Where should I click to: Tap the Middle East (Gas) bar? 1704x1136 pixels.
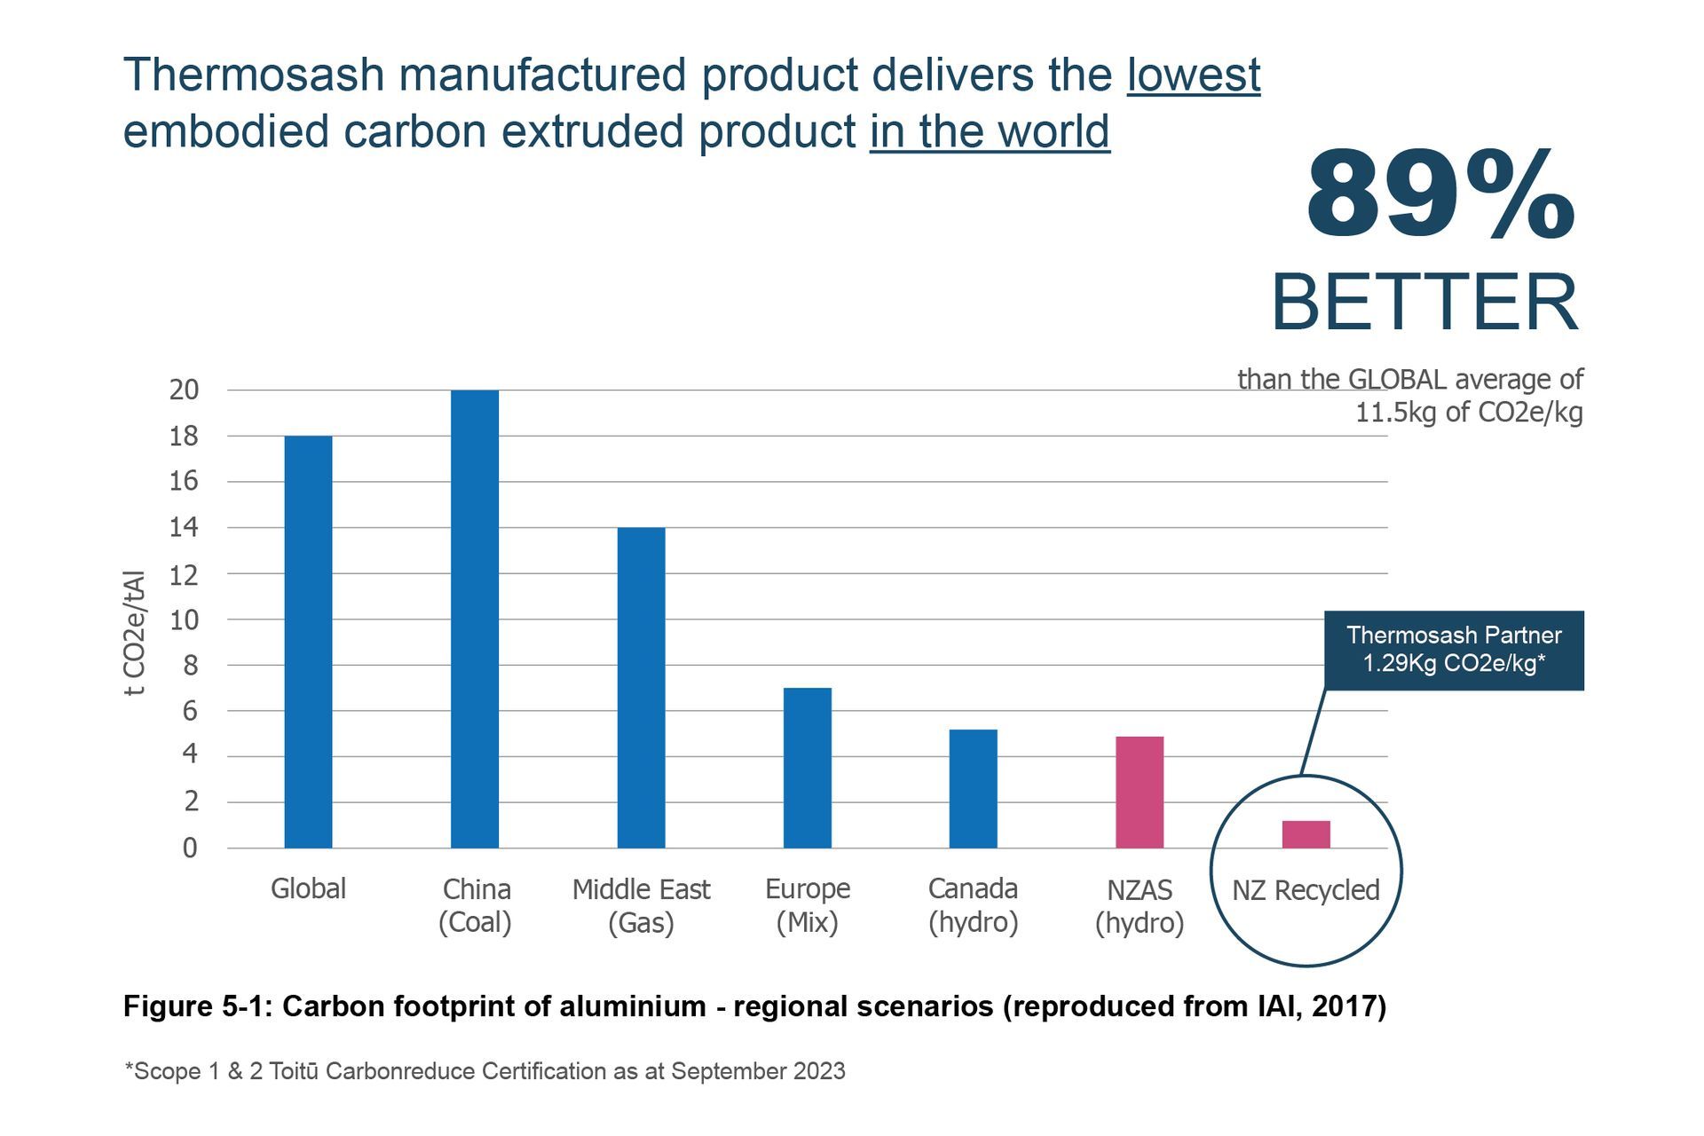coord(641,688)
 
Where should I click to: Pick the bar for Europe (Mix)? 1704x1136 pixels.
coord(807,768)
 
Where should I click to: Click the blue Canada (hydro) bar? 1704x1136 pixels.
coord(973,788)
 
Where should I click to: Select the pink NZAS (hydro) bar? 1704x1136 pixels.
coord(1139,792)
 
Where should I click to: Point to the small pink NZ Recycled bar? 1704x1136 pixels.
coord(1306,834)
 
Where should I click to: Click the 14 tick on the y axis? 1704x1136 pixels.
coord(184,528)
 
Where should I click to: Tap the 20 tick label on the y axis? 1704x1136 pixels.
coord(184,390)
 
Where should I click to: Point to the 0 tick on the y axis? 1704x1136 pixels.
coord(189,848)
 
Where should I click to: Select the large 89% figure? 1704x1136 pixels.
coord(1440,195)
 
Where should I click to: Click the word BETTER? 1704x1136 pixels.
coord(1424,303)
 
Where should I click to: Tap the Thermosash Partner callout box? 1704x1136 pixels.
coord(1453,650)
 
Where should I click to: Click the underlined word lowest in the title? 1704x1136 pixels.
coord(1193,75)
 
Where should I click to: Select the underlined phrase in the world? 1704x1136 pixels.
coord(989,131)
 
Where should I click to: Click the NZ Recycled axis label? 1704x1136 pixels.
coord(1305,889)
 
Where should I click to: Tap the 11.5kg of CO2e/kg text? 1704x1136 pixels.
coord(1468,413)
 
